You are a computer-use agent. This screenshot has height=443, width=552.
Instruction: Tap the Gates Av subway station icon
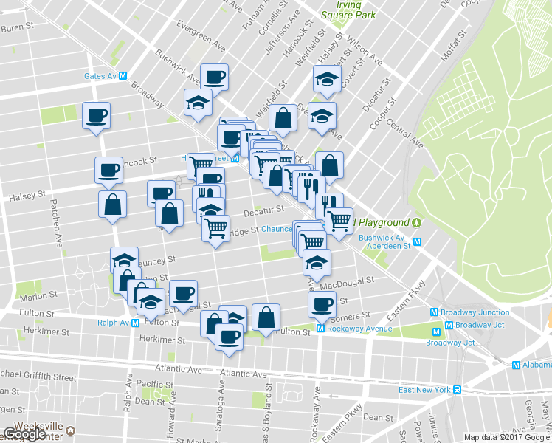[124, 75]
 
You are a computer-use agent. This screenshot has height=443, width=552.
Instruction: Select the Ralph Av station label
[114, 323]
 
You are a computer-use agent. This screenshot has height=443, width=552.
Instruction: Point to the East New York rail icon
[458, 390]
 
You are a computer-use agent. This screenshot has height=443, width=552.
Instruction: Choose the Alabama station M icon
[517, 365]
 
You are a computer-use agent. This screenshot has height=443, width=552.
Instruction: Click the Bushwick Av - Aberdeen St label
[384, 241]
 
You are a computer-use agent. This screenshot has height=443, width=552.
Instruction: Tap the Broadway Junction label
[483, 312]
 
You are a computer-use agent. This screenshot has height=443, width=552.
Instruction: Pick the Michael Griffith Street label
[37, 377]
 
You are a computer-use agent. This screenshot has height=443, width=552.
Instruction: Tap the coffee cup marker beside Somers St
[322, 303]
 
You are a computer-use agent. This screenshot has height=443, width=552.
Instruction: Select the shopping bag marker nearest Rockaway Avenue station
[266, 317]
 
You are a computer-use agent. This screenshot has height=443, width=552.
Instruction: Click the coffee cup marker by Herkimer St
[228, 337]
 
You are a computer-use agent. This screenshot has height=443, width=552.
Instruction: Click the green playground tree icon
[417, 222]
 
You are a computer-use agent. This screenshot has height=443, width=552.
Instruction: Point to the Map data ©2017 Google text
[506, 436]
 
